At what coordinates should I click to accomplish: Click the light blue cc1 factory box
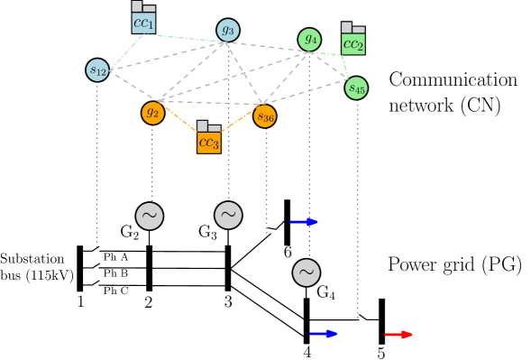pos(143,22)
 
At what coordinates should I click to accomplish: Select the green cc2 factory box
pos(353,43)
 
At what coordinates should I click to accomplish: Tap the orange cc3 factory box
pos(209,142)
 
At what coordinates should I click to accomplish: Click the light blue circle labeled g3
pos(228,30)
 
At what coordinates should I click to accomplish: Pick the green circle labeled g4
pos(309,39)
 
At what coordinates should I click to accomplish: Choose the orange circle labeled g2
pos(152,113)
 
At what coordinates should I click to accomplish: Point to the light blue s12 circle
pos(97,69)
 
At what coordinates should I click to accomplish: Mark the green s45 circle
pos(356,88)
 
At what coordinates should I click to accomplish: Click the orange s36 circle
pos(264,116)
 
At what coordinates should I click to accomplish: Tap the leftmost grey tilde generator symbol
pos(150,216)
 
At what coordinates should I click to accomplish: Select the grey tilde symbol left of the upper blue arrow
pos(228,215)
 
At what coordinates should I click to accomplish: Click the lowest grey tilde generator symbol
pos(307,272)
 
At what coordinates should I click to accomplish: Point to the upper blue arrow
pos(304,222)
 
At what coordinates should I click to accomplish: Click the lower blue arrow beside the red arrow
pos(324,334)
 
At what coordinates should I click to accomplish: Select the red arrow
pos(398,335)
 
